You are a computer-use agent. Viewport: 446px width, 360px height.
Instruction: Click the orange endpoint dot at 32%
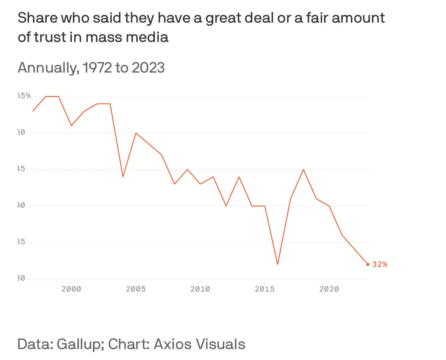(x=368, y=264)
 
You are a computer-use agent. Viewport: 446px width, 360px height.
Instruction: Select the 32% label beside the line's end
(x=380, y=264)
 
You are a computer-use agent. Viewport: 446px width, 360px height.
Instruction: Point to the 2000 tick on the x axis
(x=71, y=289)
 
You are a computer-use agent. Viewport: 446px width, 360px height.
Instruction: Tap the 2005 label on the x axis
(x=136, y=289)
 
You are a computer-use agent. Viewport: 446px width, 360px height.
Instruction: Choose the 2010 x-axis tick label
(x=200, y=289)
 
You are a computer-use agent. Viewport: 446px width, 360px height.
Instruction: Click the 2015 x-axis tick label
(x=265, y=289)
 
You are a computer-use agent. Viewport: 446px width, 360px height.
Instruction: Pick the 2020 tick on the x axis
(x=329, y=289)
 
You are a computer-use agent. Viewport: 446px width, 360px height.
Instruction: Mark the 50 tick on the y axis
(x=22, y=133)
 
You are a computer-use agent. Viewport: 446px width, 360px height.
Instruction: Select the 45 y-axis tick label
(x=22, y=169)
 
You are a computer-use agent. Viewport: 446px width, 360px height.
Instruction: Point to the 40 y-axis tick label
(x=22, y=206)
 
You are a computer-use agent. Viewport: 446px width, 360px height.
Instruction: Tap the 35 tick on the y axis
(x=22, y=242)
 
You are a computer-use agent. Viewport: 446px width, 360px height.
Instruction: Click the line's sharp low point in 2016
(x=278, y=264)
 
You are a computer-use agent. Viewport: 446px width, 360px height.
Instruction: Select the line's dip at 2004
(x=123, y=177)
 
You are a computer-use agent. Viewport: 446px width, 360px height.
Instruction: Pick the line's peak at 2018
(x=303, y=170)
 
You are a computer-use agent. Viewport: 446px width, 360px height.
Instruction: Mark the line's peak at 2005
(x=136, y=133)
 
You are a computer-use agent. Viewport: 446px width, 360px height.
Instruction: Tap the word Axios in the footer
(x=173, y=344)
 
